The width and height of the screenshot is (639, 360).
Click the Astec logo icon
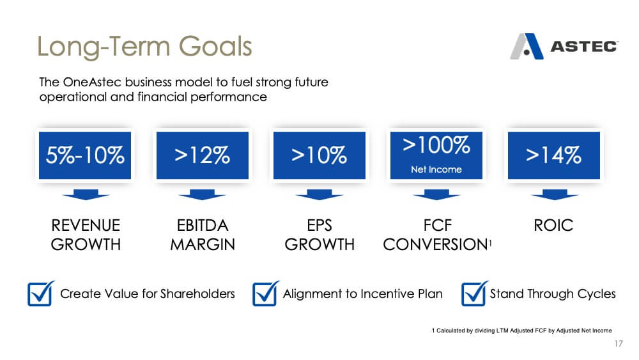(527, 47)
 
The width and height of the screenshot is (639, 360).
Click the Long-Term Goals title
(144, 46)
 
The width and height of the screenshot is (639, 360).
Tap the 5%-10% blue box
(85, 155)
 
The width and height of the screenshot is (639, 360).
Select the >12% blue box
(203, 155)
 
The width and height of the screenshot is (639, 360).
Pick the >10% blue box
(319, 155)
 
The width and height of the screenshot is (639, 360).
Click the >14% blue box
(554, 155)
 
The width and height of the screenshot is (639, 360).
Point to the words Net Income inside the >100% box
(436, 169)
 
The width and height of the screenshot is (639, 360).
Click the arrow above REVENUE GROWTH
(86, 194)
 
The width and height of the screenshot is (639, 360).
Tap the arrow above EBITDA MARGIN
(202, 194)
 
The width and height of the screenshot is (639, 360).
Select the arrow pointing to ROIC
(555, 194)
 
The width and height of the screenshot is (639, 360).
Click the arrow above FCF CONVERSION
(436, 194)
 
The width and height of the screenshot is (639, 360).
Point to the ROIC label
(553, 225)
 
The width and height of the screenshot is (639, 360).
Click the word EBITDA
(203, 225)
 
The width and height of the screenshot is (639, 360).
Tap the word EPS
(319, 225)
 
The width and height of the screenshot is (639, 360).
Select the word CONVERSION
(436, 245)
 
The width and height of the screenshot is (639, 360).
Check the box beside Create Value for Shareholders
(41, 293)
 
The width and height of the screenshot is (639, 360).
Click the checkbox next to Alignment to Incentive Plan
(266, 293)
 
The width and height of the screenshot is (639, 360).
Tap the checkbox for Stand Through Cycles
(475, 293)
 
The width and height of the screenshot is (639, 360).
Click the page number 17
(619, 343)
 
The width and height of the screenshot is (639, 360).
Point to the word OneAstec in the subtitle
(92, 82)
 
